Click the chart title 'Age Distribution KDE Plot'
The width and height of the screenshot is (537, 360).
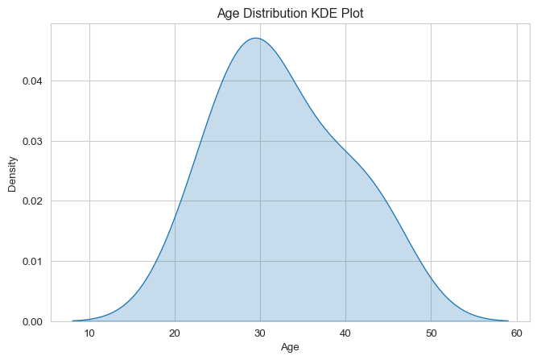(290, 14)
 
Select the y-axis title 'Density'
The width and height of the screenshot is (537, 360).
(12, 174)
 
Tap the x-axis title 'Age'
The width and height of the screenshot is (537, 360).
(290, 347)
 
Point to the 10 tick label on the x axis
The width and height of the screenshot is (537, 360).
(89, 333)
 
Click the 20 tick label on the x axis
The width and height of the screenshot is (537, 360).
(175, 333)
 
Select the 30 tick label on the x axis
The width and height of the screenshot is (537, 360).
(260, 333)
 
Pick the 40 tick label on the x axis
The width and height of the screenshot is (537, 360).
(345, 333)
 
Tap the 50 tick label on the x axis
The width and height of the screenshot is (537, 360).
(432, 333)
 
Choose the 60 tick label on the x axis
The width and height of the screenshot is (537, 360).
(516, 333)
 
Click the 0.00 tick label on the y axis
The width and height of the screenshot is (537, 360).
(32, 322)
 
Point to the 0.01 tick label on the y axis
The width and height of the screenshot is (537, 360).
(32, 262)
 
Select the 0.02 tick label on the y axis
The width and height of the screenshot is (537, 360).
(32, 201)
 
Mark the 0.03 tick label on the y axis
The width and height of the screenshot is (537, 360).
(32, 142)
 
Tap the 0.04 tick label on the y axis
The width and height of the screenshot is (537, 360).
(32, 81)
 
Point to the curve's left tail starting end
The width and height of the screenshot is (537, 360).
(72, 321)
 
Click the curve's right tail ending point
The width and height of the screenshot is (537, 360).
(508, 321)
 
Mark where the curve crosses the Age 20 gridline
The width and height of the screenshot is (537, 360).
(175, 216)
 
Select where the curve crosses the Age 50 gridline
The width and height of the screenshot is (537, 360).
(432, 278)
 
